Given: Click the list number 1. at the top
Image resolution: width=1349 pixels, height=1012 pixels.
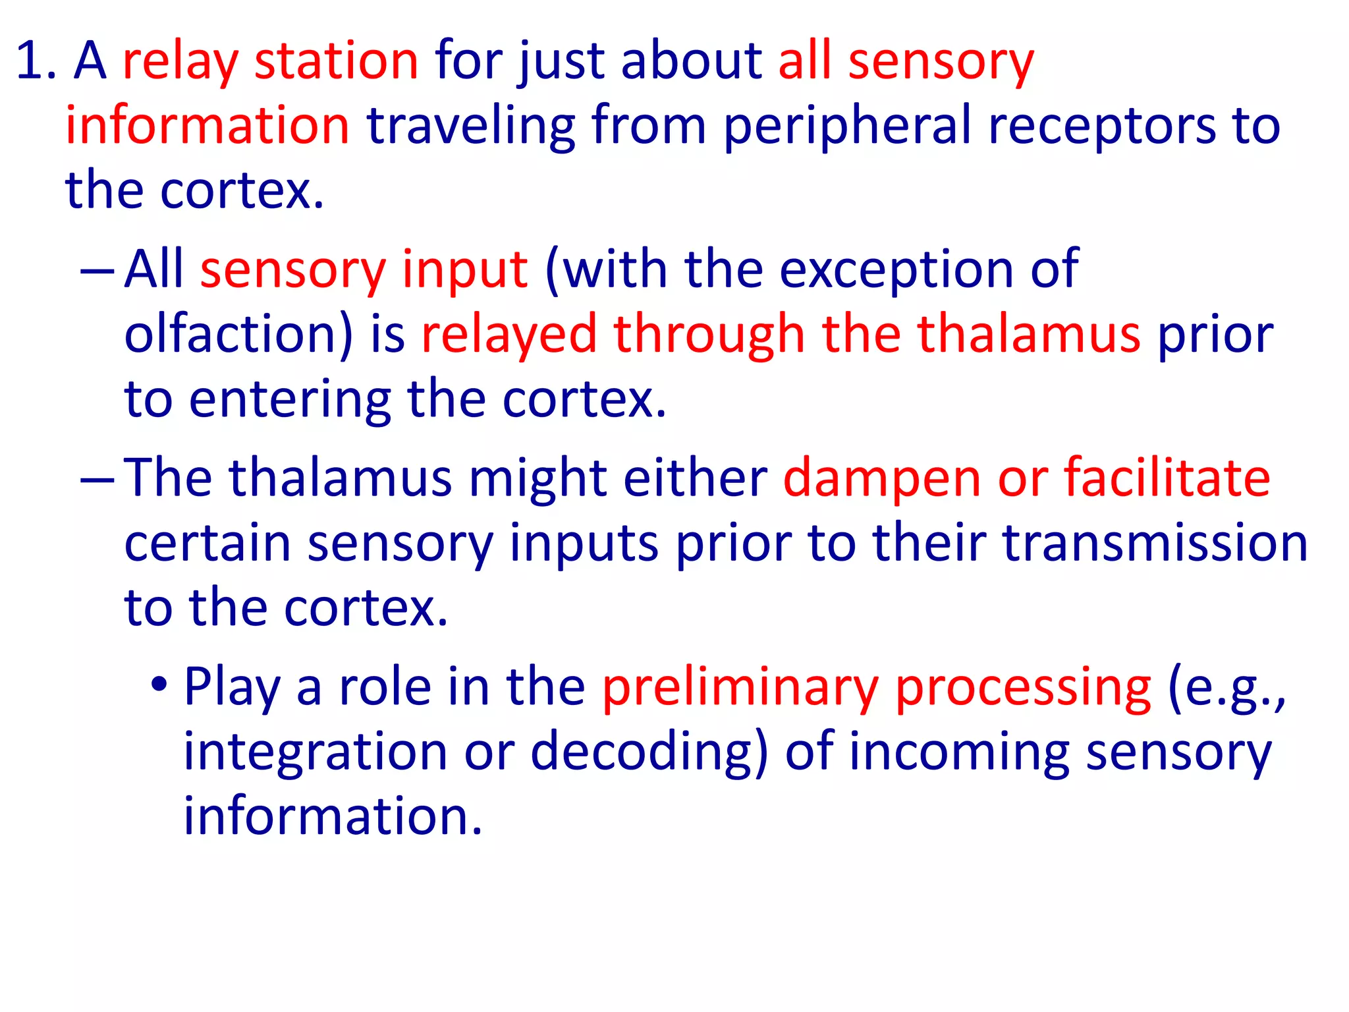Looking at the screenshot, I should (36, 61).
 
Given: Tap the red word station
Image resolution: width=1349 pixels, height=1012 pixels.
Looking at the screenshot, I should (336, 61).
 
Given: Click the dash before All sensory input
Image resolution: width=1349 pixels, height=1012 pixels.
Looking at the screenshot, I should (97, 270).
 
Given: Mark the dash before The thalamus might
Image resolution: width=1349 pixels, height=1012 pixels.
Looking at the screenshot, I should (97, 479).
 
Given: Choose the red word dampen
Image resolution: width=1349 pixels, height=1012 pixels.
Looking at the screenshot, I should (881, 478).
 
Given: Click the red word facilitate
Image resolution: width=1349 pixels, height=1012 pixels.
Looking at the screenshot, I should (1167, 478).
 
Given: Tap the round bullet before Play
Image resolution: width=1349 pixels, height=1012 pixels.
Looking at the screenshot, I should (159, 685).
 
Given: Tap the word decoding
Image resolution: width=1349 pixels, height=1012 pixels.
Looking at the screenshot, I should (648, 752).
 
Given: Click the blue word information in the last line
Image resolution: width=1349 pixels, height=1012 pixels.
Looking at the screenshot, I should (333, 816).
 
